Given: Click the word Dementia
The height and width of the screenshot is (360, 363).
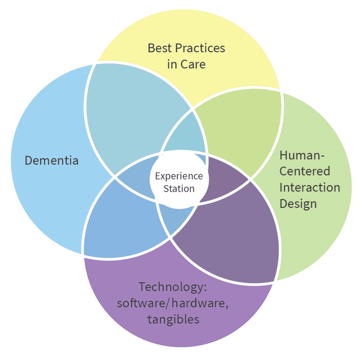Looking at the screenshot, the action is [x=52, y=161].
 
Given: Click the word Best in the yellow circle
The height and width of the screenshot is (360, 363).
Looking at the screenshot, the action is [x=158, y=49].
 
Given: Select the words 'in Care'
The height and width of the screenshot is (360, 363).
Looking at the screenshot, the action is [x=186, y=65].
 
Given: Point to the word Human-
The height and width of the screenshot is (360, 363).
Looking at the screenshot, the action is [x=302, y=155].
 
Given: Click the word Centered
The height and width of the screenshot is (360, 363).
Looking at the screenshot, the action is [x=305, y=171].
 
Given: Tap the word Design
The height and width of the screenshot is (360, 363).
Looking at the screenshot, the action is [x=298, y=203].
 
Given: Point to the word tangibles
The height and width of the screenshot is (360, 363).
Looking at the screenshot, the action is [x=173, y=319].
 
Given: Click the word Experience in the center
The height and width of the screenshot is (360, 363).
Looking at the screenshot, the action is [x=179, y=176].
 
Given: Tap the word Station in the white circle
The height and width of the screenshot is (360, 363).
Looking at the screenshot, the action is [x=179, y=189].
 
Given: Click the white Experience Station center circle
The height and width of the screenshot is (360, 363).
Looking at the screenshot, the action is [x=179, y=183].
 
